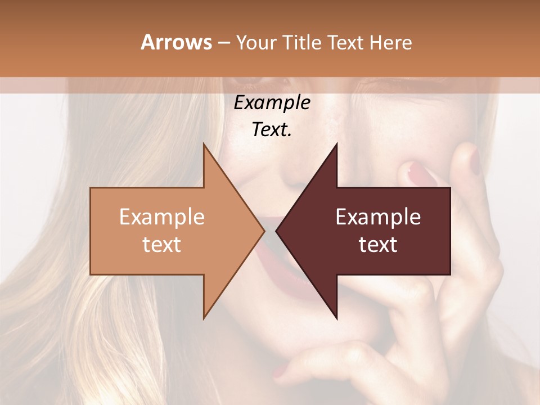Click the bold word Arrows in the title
point(176,42)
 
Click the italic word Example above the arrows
point(272,103)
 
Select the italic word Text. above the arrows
point(272,130)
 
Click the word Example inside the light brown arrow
point(161,217)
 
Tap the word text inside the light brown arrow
point(161,245)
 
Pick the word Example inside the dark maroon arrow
point(378,217)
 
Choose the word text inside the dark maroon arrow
point(378,245)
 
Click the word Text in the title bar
point(346,42)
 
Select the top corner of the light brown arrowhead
point(204,144)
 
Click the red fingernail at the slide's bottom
point(281,372)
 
